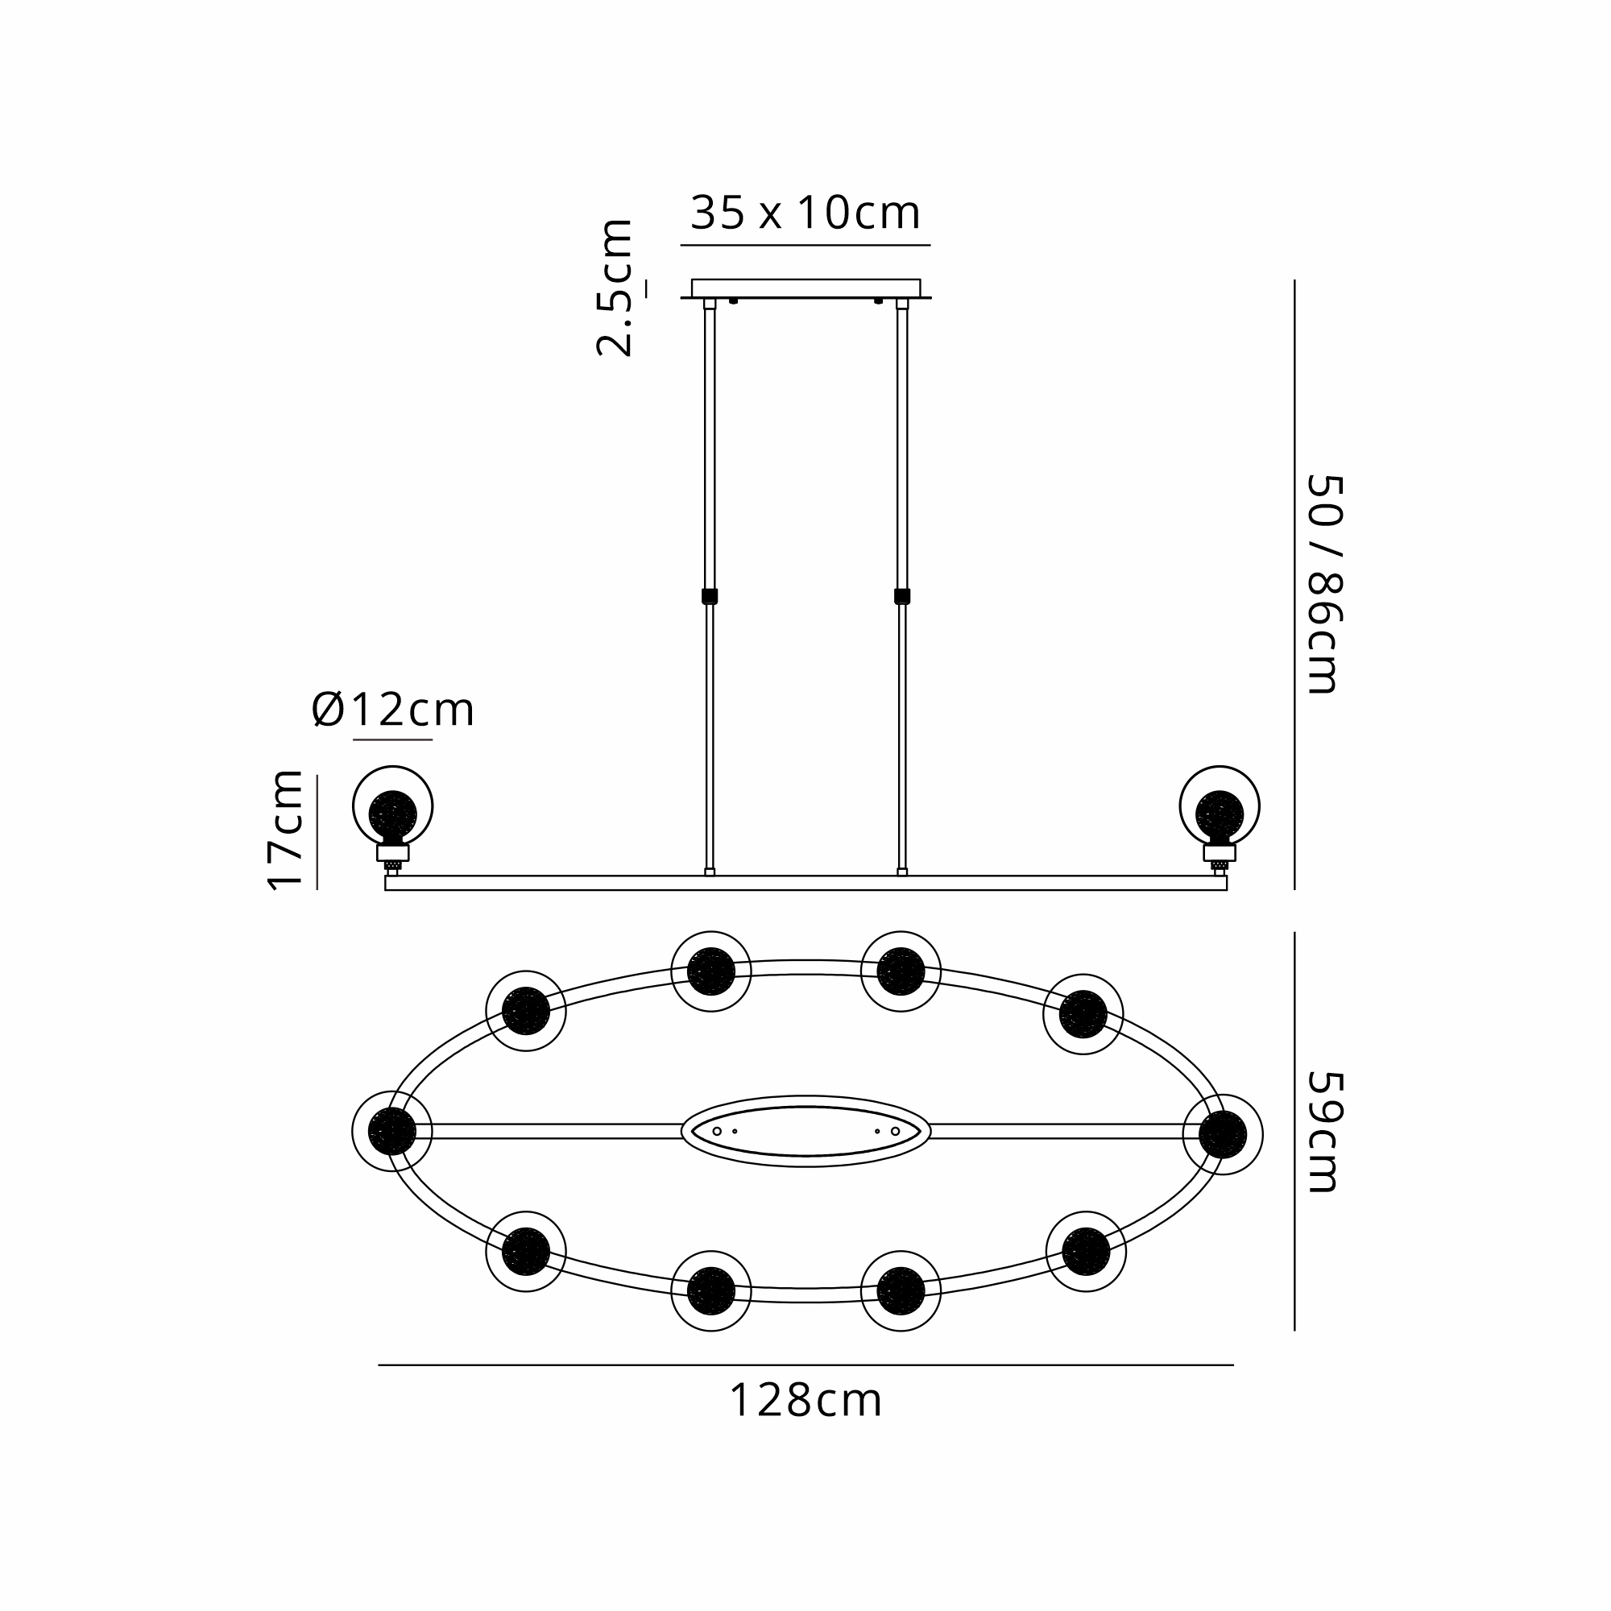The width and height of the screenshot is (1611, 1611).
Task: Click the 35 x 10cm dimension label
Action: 805,213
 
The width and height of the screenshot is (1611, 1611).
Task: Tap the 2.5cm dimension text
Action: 615,288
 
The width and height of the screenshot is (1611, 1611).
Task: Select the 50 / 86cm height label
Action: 1324,584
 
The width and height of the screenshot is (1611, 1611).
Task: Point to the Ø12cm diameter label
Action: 393,710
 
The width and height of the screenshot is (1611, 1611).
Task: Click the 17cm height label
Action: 286,830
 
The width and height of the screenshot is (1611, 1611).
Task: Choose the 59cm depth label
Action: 1324,1132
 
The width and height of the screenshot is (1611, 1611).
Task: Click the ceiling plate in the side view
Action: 805,288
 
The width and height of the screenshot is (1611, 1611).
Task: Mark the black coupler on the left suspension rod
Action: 710,596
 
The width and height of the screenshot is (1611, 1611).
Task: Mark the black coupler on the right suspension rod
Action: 901,596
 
